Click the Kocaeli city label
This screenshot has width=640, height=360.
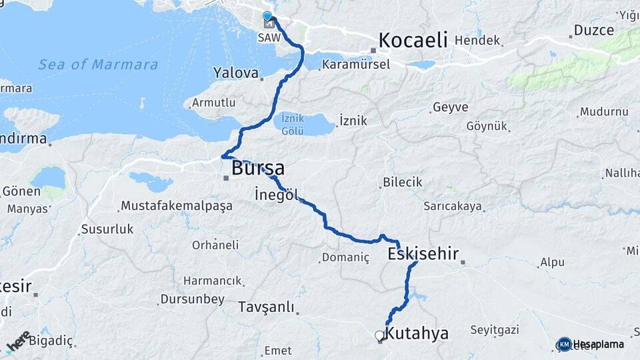[x=413, y=40]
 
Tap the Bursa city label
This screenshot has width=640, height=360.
[x=257, y=168]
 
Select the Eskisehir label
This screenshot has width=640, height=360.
[x=423, y=253]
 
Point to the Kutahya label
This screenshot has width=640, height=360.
[x=417, y=333]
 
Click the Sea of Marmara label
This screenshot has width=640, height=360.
[x=98, y=65]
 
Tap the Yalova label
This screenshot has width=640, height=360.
[x=235, y=72]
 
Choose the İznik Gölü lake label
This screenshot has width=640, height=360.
[x=293, y=124]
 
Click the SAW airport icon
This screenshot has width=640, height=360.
[x=268, y=24]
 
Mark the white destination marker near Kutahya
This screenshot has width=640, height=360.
[x=379, y=335]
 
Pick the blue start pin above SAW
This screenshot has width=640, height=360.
[x=267, y=15]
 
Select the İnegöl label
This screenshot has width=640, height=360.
[x=275, y=195]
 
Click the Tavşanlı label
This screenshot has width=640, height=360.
[x=266, y=307]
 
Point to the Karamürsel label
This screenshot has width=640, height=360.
[x=350, y=65]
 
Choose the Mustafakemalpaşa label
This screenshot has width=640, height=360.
[x=177, y=205]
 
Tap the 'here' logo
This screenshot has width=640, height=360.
[x=18, y=341]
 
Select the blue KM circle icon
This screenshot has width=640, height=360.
[x=564, y=344]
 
